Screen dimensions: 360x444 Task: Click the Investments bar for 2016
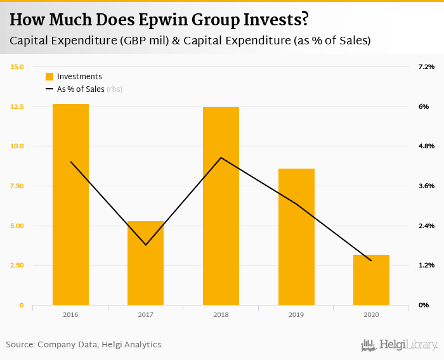(70, 204)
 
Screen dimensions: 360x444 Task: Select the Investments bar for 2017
(145, 263)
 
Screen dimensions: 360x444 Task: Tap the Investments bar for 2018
(221, 206)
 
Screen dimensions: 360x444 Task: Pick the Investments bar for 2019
(296, 236)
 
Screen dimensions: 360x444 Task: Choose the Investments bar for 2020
(371, 280)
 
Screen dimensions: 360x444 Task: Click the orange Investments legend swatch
(49, 77)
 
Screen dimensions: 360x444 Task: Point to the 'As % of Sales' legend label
(81, 89)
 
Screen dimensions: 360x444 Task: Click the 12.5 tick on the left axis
(17, 106)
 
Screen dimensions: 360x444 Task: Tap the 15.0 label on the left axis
(17, 67)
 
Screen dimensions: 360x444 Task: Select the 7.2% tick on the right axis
(426, 67)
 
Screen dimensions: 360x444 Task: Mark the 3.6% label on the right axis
(426, 186)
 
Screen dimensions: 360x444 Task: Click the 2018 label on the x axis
(221, 314)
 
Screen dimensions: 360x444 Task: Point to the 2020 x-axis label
(371, 314)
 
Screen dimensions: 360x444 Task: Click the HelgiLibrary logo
(399, 345)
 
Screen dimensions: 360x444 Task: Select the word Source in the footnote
(20, 345)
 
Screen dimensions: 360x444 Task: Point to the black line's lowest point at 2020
(371, 260)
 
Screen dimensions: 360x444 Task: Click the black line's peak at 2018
(221, 157)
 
